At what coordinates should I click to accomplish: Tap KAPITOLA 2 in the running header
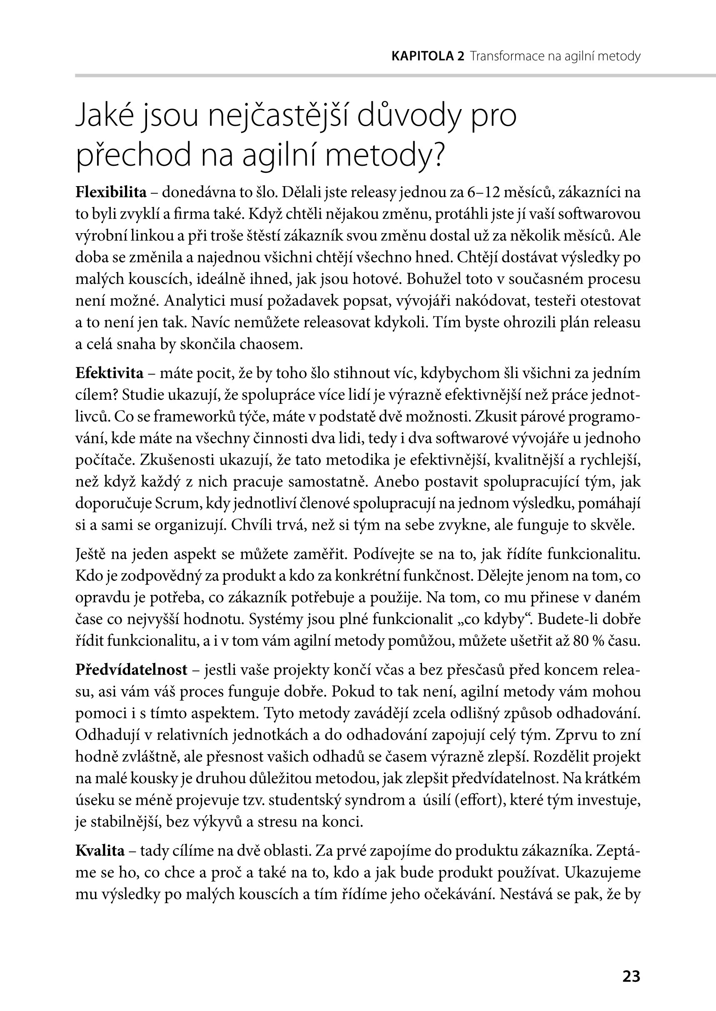[x=428, y=56]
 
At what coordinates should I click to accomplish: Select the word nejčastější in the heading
[x=278, y=116]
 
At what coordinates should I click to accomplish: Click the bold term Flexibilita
[x=111, y=193]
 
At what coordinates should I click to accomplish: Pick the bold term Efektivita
[x=110, y=373]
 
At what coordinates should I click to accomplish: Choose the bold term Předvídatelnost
[x=131, y=670]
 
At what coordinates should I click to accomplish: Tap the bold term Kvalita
[x=100, y=851]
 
